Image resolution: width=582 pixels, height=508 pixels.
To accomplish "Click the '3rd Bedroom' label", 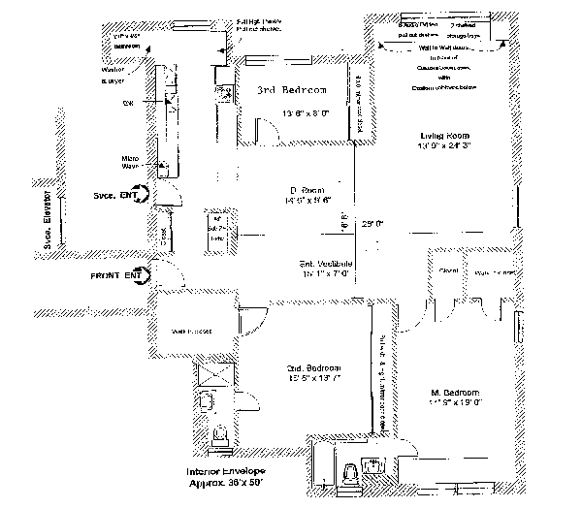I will click(291, 90).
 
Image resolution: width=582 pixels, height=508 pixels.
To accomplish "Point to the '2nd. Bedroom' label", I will click(311, 368).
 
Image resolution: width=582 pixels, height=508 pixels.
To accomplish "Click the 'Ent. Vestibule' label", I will click(325, 264).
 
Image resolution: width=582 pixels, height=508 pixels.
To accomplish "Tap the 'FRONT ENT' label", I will click(116, 276).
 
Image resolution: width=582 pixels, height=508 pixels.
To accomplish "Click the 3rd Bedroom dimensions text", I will click(292, 112).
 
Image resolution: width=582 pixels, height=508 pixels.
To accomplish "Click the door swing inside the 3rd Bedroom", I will click(265, 128).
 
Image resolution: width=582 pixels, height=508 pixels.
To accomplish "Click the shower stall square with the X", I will click(212, 372).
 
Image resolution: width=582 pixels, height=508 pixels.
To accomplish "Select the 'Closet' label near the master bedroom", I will click(447, 270).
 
